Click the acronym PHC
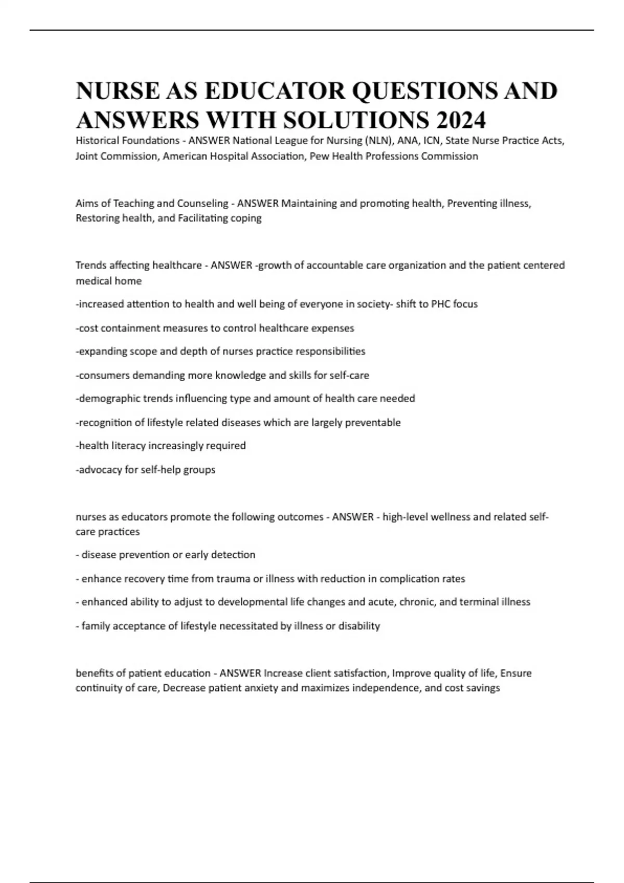[x=441, y=304]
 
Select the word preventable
[x=373, y=422]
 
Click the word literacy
[x=128, y=446]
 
